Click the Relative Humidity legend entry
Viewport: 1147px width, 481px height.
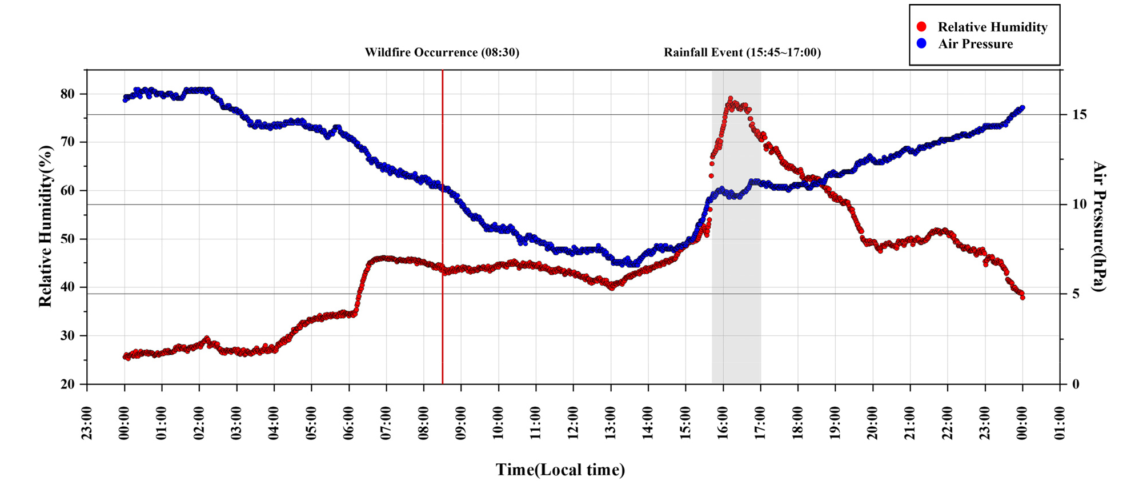coord(982,27)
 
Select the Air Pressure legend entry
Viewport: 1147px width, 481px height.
coord(965,43)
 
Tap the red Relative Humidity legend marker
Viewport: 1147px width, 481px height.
coord(921,27)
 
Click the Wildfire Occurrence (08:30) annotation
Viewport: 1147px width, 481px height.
coord(442,53)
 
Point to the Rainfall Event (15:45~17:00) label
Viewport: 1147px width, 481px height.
coord(742,53)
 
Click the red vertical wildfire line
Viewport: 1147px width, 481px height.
coord(443,227)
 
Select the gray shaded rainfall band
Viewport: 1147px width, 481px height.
coord(736,227)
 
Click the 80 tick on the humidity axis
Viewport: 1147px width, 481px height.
coord(67,94)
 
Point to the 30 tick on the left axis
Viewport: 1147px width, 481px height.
coord(67,336)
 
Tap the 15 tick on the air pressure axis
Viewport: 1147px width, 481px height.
coord(1079,115)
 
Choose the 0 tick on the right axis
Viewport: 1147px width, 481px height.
coord(1076,384)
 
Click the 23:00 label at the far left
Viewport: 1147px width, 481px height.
coord(87,423)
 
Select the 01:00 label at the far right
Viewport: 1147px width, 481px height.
coord(1060,423)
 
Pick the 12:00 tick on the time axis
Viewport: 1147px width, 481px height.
coord(573,423)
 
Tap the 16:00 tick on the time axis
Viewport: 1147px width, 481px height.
coord(723,423)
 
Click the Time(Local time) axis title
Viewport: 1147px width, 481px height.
coord(560,470)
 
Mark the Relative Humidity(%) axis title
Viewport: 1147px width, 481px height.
coord(46,226)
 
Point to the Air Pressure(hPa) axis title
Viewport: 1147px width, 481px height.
coord(1100,226)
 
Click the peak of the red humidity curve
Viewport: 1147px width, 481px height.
coord(730,99)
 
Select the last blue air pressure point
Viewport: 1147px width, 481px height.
coord(1022,107)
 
